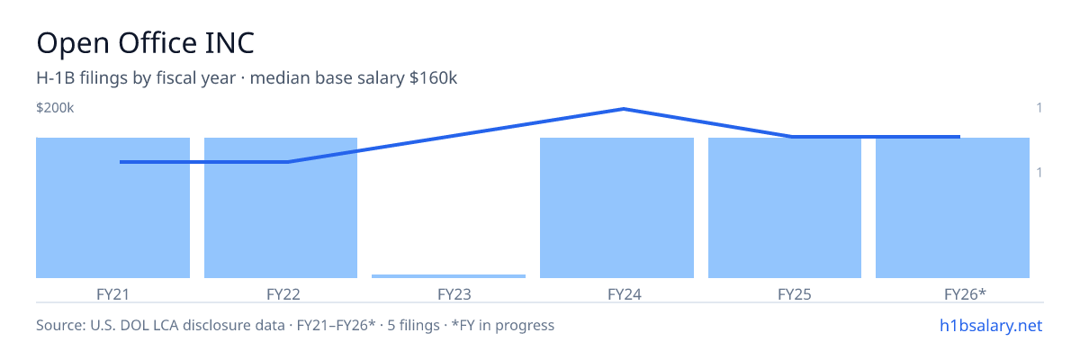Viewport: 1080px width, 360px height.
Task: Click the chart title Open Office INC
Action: [145, 43]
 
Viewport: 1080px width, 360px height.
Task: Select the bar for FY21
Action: [112, 208]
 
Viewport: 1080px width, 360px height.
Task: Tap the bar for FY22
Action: [281, 208]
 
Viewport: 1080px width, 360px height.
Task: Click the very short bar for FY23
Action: [448, 276]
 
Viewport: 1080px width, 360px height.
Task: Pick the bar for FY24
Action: [616, 208]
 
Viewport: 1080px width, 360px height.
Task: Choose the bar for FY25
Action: [785, 208]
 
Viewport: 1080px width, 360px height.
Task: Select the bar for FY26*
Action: [952, 208]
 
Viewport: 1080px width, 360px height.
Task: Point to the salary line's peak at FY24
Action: [624, 109]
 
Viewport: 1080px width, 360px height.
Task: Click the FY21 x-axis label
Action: [112, 294]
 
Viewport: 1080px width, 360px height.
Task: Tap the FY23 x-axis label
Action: [454, 294]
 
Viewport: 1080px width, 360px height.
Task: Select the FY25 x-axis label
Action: [795, 294]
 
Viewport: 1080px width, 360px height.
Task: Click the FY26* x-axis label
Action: [965, 294]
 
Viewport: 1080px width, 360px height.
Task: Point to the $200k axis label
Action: [55, 107]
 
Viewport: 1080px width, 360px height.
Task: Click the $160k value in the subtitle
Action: [433, 78]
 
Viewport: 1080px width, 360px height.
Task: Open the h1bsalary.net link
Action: [991, 325]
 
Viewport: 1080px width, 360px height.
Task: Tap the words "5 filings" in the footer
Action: [413, 325]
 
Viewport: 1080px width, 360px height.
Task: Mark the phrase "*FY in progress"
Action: [503, 325]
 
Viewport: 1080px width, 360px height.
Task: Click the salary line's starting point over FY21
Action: [120, 162]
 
